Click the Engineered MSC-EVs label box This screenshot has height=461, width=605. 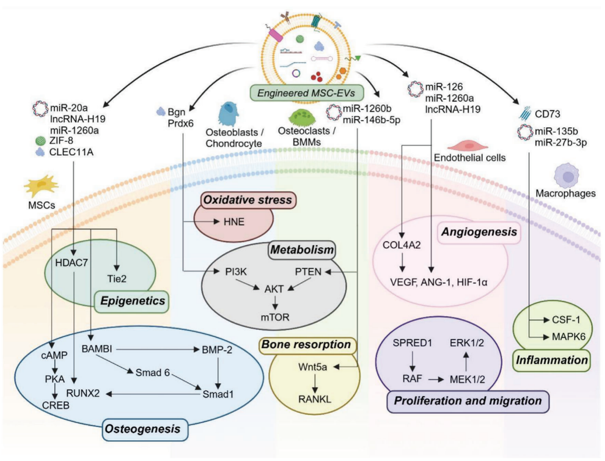306,93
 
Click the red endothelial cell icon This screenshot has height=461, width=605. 468,146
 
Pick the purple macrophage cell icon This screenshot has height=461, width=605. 567,176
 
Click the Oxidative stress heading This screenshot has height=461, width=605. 247,200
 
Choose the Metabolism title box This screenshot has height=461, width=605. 302,250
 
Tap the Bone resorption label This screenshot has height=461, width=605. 306,345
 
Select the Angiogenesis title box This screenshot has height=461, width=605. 479,232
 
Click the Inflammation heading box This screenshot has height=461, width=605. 552,360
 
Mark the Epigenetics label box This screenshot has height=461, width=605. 132,301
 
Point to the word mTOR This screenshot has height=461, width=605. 275,317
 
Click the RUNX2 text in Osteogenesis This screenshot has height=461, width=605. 83,394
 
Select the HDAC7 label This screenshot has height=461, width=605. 71,262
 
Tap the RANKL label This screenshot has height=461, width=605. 314,399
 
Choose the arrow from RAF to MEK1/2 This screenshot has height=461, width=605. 435,379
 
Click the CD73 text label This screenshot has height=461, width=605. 547,114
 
